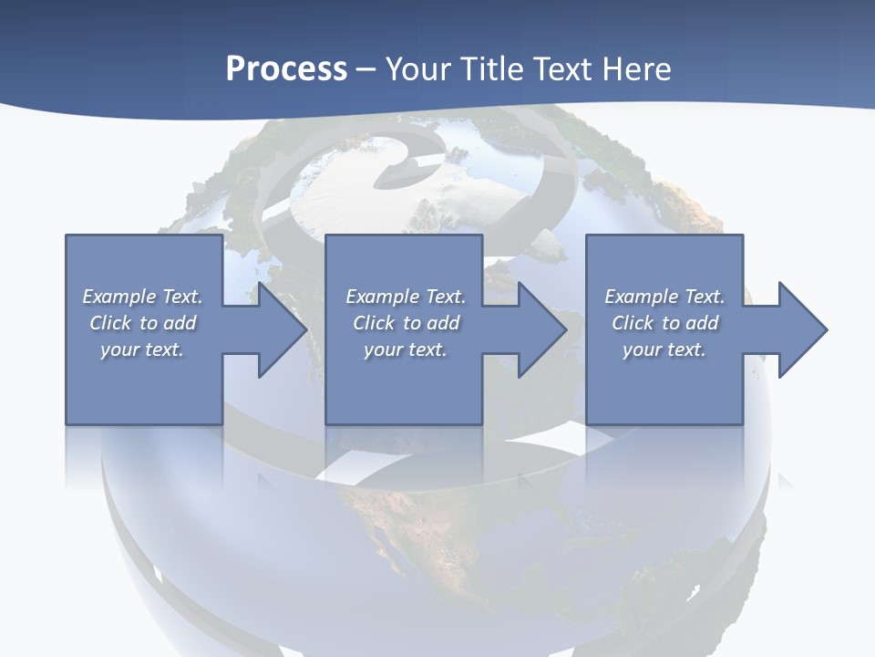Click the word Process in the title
click(286, 69)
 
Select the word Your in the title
click(417, 69)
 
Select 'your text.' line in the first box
click(142, 349)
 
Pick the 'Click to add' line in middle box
click(406, 323)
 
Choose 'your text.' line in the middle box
click(406, 349)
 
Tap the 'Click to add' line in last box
click(664, 323)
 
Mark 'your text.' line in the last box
click(664, 349)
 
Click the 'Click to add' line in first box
click(142, 323)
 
